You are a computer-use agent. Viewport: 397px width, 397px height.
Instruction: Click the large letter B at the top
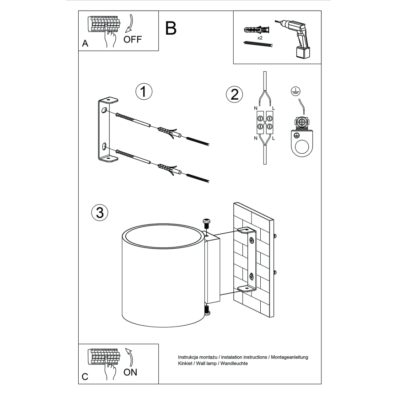171,28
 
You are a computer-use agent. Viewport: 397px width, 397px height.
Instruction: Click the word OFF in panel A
133,39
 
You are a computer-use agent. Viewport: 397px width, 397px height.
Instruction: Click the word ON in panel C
130,372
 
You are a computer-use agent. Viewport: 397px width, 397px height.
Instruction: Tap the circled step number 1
144,92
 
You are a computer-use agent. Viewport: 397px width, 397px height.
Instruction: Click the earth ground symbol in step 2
296,91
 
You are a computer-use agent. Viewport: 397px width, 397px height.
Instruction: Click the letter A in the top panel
85,44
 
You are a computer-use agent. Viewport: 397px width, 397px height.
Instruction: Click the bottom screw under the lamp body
207,311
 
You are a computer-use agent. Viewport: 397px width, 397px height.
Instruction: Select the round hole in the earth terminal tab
302,147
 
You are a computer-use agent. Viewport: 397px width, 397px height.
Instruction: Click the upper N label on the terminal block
255,108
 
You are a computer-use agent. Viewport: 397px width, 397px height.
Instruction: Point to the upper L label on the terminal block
273,108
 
